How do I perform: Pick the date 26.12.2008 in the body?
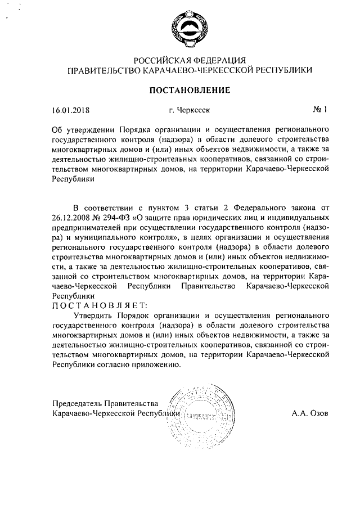point(70,217)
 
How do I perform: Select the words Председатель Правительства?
point(106,403)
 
